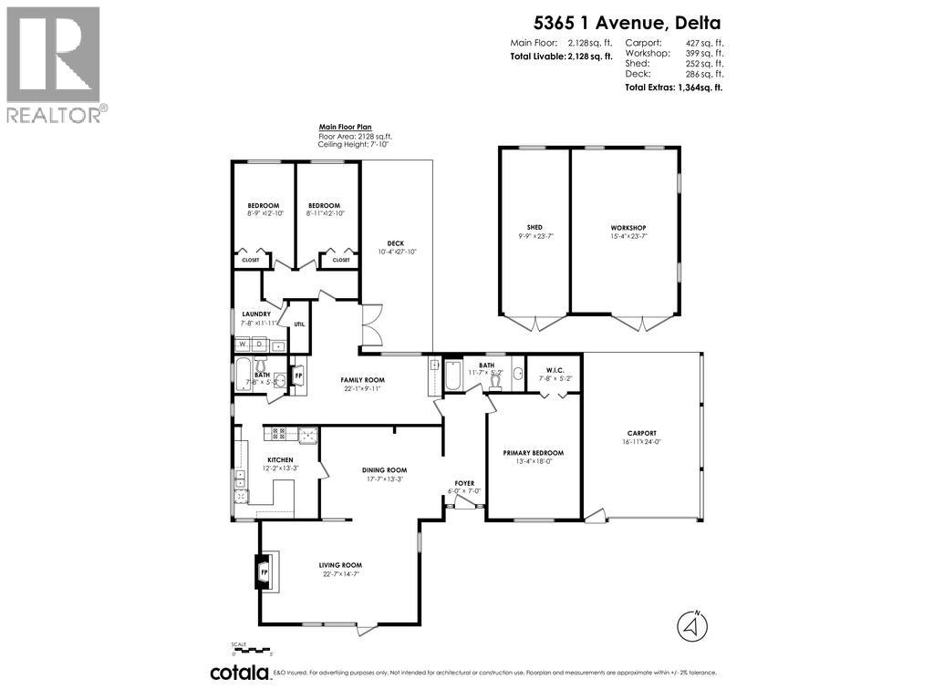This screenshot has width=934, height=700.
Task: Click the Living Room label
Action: coord(341,565)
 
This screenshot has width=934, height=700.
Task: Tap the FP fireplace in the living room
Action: coord(265,572)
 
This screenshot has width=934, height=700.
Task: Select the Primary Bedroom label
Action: coord(534,453)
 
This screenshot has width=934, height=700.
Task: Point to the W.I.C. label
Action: coord(549,369)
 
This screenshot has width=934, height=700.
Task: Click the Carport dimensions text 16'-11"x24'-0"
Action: coord(642,442)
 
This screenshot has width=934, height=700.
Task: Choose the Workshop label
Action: coord(628,228)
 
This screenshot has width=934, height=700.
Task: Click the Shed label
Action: coord(534,228)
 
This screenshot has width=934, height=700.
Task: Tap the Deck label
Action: coord(395,243)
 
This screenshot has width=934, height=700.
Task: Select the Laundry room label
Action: coord(257,314)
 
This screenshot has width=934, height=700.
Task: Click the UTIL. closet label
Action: coord(299,324)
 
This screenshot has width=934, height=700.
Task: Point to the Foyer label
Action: coord(465,483)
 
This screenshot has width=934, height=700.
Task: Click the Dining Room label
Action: coord(384,470)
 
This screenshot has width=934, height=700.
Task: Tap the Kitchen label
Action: coord(279,459)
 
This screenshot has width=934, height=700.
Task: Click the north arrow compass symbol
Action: coord(692,626)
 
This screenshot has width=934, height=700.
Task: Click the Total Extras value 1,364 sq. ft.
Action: coord(699,87)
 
